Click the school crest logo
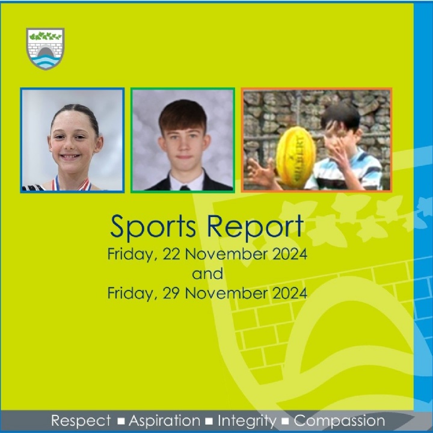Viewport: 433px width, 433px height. point(46,48)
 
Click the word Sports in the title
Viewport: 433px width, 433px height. point(153,227)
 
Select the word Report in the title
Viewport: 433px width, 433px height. point(255,227)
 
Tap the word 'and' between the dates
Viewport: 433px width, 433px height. point(207,274)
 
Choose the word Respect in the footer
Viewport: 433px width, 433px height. point(81,421)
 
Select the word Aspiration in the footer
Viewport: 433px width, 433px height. point(165,421)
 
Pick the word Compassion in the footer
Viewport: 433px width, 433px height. point(339,421)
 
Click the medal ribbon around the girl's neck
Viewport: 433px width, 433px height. point(72,183)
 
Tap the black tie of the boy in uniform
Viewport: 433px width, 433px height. point(185,188)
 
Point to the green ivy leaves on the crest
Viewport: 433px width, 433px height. point(45,36)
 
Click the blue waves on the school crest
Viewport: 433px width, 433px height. point(46,63)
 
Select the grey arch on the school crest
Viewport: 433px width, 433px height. point(46,52)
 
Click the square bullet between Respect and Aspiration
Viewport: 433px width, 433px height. point(120,422)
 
